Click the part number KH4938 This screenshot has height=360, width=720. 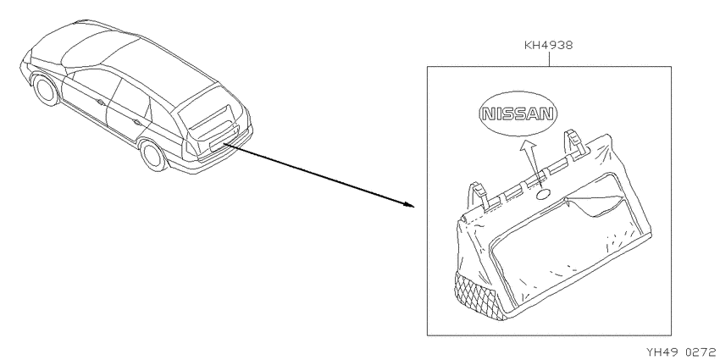(x=549, y=46)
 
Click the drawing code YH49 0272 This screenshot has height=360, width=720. (x=683, y=352)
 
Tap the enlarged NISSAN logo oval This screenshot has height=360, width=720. (x=517, y=114)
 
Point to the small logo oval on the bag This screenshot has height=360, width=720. (x=543, y=195)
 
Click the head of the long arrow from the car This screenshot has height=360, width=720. (x=408, y=204)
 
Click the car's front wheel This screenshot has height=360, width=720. (x=46, y=90)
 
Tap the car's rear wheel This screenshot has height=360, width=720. (x=153, y=155)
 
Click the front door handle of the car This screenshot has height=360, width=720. (x=100, y=102)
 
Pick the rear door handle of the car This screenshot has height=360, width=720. (x=136, y=122)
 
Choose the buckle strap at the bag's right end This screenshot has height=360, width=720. (x=574, y=143)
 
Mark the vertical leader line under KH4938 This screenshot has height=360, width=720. (x=549, y=58)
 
